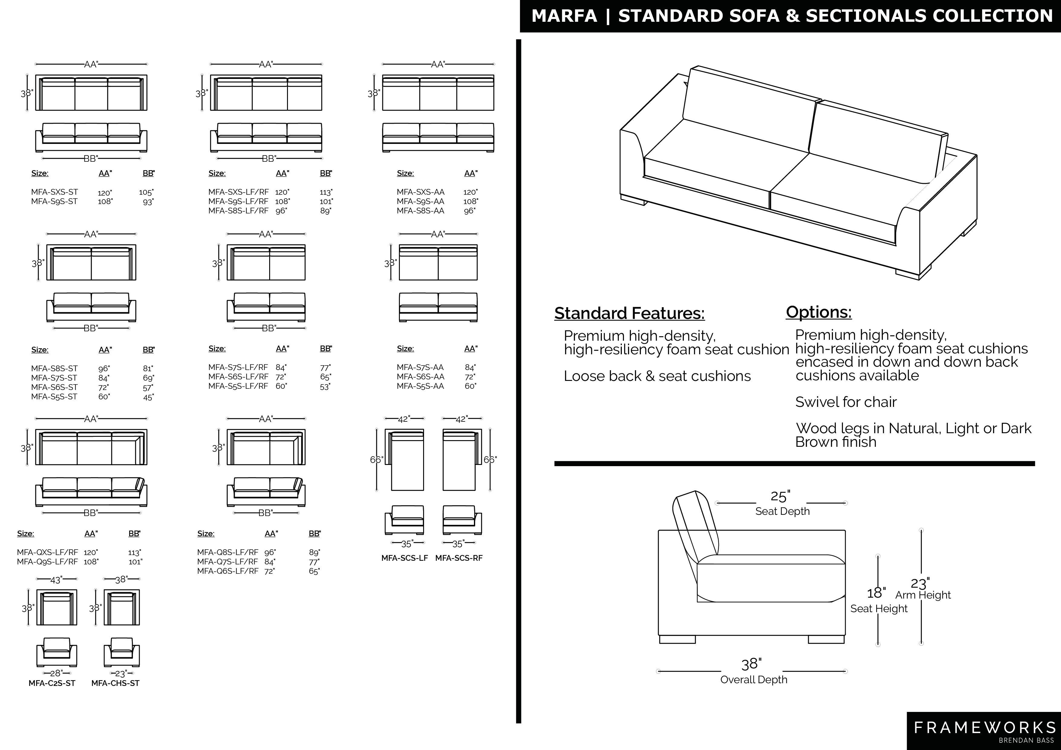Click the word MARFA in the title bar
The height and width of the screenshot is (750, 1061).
coord(564,16)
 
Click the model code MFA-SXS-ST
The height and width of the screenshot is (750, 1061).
coord(54,192)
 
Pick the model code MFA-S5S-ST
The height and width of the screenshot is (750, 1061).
coord(54,396)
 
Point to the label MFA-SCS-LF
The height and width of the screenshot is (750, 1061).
coord(404,558)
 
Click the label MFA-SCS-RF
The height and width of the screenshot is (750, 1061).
coord(459,558)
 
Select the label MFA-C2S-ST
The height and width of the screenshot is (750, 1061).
coord(52,683)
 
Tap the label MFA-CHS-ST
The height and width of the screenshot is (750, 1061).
coord(115,683)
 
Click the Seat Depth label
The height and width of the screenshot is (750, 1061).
coord(782,511)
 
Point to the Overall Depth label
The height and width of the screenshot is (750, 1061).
coord(754,679)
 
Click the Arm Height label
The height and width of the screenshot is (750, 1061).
coord(923,595)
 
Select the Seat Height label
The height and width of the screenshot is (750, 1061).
coord(879,609)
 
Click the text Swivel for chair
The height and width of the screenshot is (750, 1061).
coord(846,402)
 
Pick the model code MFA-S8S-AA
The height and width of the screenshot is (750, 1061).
coord(420,211)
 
